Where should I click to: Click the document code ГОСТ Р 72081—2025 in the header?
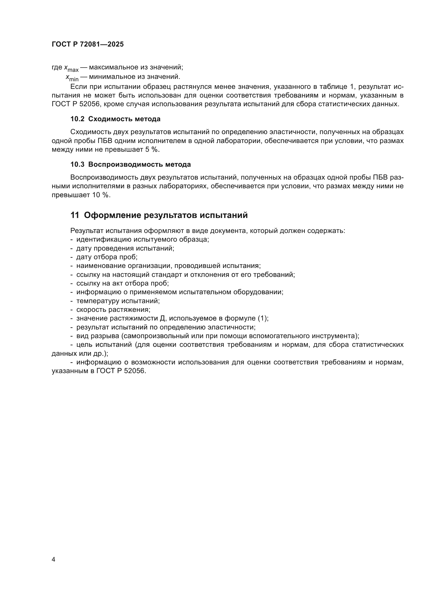point(88,44)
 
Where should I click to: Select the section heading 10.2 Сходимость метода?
point(115,119)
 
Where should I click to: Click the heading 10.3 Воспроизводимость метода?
point(130,164)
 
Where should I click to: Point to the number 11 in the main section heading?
point(74,215)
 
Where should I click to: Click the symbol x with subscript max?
point(71,68)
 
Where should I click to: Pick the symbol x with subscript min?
point(72,77)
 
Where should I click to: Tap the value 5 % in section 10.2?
point(152,149)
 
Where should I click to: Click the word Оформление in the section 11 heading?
point(113,215)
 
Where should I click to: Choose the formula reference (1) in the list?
point(262,318)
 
